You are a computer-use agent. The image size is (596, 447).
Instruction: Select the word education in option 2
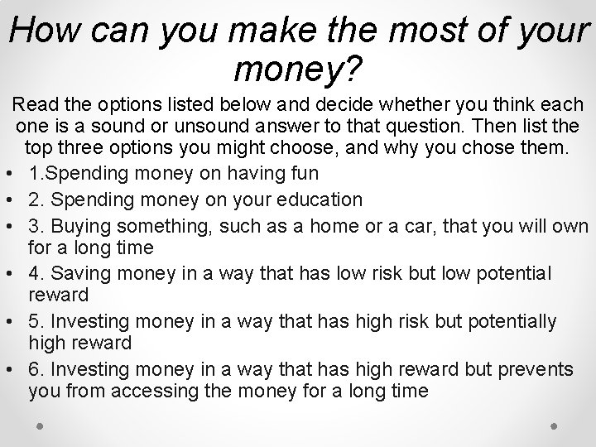[320, 199]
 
